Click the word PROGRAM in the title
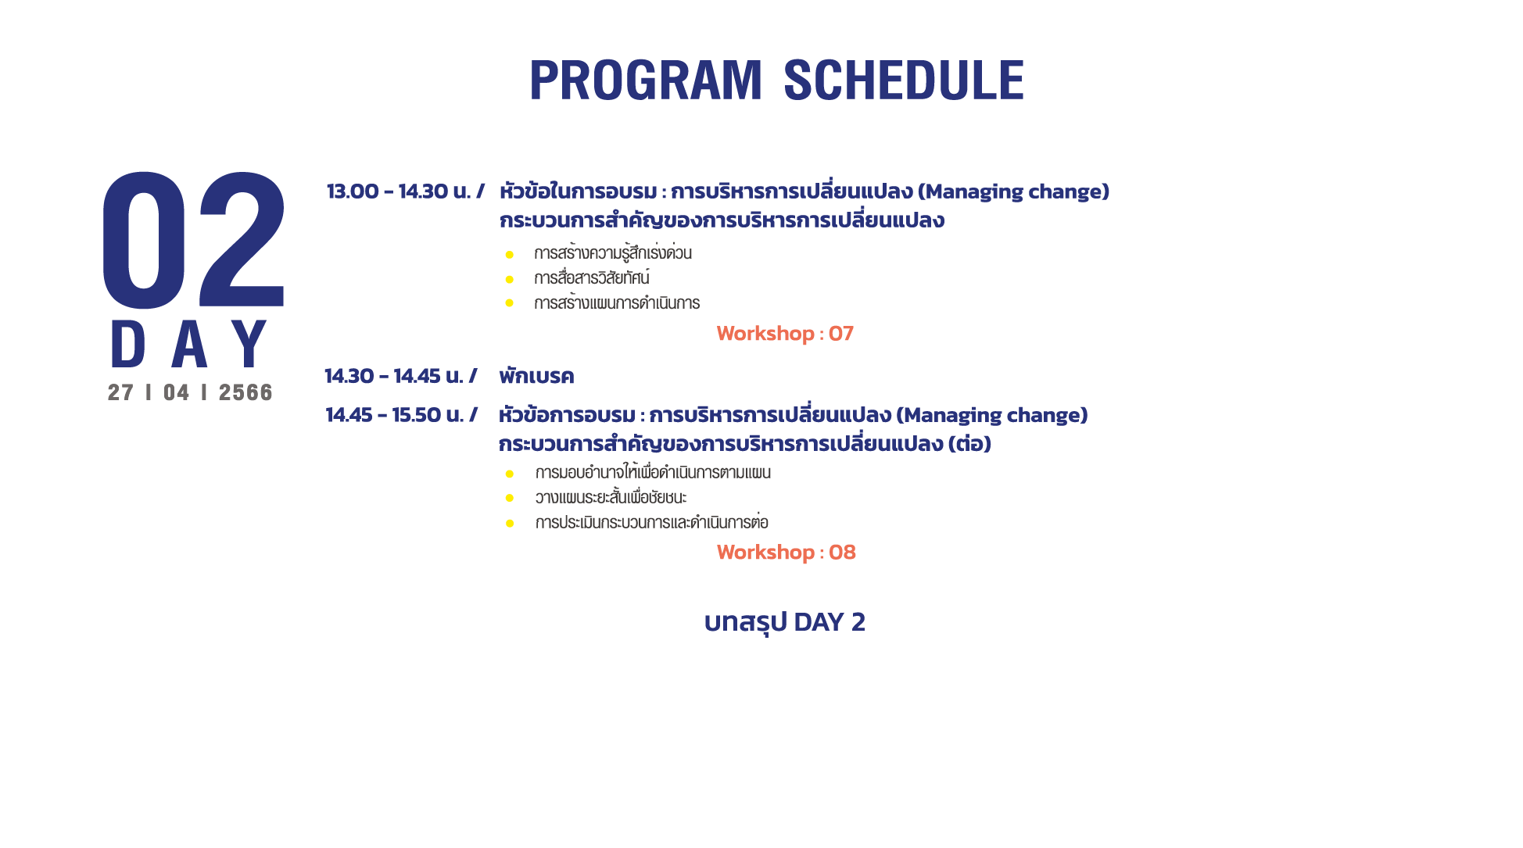[645, 81]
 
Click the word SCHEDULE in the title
[903, 81]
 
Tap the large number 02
[194, 240]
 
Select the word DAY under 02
[189, 344]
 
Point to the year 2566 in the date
[245, 392]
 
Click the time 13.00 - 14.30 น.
[399, 191]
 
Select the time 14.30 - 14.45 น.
[394, 376]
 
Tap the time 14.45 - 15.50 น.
[395, 415]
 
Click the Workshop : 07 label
[785, 334]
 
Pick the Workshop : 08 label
[787, 553]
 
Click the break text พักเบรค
[536, 376]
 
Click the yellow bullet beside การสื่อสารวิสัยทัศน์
[510, 279]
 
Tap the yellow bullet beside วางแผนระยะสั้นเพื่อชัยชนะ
[510, 498]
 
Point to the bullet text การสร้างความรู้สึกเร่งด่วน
[613, 253]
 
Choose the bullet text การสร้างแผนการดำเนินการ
[617, 303]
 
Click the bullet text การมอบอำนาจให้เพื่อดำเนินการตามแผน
[653, 472]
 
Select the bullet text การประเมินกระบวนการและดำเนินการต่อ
[652, 522]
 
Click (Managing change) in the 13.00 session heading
[1013, 192]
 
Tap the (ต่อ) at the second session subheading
[969, 444]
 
